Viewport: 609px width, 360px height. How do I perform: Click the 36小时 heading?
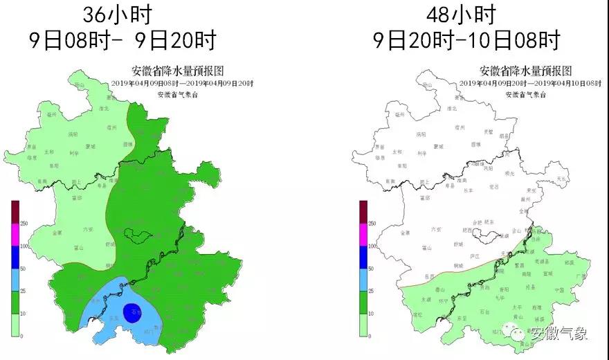116,14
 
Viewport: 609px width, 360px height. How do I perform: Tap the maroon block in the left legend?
15,212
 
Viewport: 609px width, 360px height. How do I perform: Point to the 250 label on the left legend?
24,223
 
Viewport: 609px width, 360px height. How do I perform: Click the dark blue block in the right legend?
363,257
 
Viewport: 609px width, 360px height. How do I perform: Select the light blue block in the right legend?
363,280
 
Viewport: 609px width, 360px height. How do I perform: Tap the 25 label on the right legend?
372,291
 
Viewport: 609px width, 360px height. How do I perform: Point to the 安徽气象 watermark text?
558,334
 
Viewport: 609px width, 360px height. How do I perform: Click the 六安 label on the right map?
436,228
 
